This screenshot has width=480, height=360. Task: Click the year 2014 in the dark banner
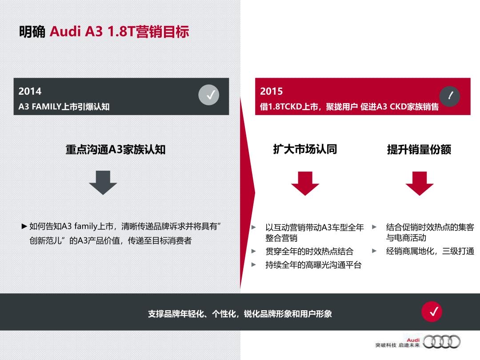pyautogui.click(x=30, y=91)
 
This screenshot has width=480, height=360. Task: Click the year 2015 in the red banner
pyautogui.click(x=271, y=91)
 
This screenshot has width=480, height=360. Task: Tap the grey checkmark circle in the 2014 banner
pyautogui.click(x=209, y=95)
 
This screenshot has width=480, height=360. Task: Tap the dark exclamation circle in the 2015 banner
pyautogui.click(x=450, y=96)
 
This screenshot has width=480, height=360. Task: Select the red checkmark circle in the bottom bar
pyautogui.click(x=432, y=312)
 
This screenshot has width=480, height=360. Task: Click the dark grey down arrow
pyautogui.click(x=103, y=183)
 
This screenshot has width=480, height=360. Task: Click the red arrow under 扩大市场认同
pyautogui.click(x=305, y=184)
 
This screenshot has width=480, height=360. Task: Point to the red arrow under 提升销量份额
pyautogui.click(x=420, y=184)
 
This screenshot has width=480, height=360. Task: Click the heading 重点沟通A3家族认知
pyautogui.click(x=116, y=150)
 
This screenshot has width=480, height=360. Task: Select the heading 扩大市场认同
pyautogui.click(x=305, y=149)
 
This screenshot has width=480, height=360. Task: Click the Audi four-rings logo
pyautogui.click(x=441, y=342)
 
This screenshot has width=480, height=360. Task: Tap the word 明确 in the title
pyautogui.click(x=32, y=32)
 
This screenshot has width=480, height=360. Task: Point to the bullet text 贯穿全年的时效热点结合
pyautogui.click(x=309, y=252)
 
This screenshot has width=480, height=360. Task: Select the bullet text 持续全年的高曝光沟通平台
pyautogui.click(x=313, y=265)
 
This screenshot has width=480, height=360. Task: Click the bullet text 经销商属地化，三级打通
pyautogui.click(x=430, y=251)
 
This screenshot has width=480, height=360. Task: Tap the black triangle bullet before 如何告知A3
pyautogui.click(x=24, y=227)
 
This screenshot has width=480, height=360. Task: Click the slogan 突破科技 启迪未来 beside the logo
pyautogui.click(x=398, y=345)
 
